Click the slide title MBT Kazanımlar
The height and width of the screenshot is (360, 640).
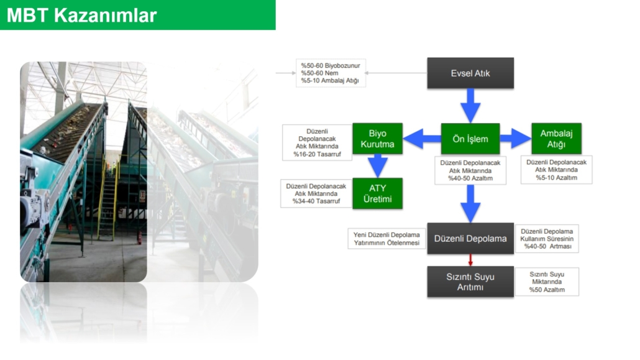81,16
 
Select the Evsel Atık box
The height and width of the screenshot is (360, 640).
470,73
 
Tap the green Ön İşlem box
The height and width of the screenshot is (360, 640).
470,139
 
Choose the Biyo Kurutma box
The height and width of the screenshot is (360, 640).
377,139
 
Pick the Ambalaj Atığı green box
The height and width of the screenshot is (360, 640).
556,139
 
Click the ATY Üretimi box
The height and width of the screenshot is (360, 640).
377,193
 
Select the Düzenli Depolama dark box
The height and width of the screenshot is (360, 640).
470,239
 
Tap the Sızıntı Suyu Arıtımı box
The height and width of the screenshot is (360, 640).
470,282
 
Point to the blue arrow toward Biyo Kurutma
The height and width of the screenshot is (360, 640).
422,139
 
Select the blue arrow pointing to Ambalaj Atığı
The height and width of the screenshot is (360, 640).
515,139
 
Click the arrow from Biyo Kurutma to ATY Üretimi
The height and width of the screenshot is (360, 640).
377,165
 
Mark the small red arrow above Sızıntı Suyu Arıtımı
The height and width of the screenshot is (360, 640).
470,260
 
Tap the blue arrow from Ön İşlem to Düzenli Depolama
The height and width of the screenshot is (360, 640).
470,202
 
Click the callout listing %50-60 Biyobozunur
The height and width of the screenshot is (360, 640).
331,73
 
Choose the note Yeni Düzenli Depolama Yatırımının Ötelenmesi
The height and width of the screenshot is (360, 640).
386,239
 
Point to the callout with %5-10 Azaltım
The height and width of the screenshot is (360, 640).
556,169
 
